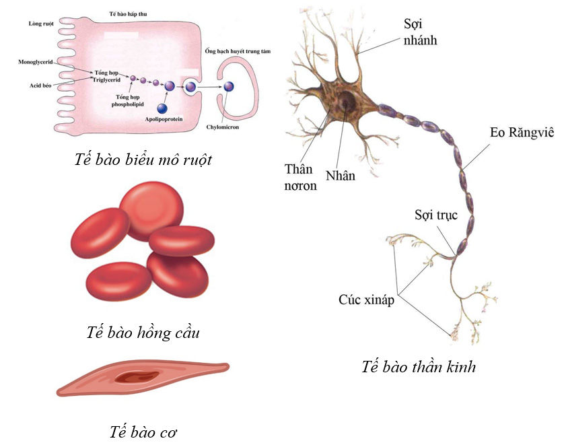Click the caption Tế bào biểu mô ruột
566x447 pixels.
144,160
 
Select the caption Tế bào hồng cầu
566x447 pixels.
143,333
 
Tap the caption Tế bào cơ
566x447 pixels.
143,431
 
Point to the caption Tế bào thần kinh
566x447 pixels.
418,367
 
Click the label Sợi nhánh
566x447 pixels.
420,32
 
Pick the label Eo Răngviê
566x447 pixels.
521,133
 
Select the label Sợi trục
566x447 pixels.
435,215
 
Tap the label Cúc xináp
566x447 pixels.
366,300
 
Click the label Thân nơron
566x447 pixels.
300,176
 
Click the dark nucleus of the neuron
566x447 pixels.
347,103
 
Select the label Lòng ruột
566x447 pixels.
41,23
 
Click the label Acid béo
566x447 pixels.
40,86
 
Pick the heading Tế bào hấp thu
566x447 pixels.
129,13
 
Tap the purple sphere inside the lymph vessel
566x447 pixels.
229,86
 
